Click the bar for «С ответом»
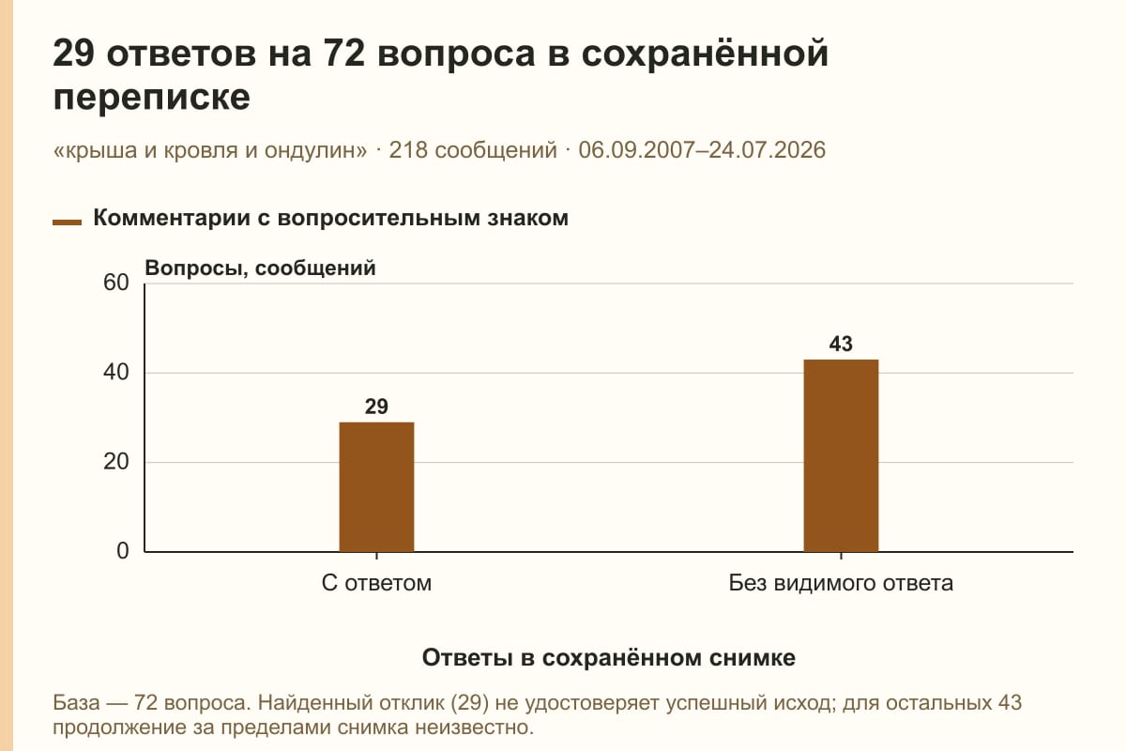click(376, 487)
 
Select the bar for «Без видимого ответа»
click(841, 455)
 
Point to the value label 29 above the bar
click(376, 406)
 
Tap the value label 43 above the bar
click(841, 344)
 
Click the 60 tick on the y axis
click(116, 283)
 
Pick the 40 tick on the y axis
click(116, 373)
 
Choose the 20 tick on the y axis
click(116, 462)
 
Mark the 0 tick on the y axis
click(123, 551)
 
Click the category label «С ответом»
click(376, 583)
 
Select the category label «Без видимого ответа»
click(841, 583)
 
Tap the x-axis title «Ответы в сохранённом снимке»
click(609, 657)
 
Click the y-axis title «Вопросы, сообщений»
click(261, 268)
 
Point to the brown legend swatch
click(67, 222)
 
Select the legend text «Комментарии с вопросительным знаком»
click(330, 218)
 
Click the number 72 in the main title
click(344, 53)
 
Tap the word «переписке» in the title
click(151, 97)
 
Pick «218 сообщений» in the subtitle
click(473, 150)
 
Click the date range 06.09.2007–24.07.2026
click(702, 150)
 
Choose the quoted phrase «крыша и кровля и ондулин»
click(210, 150)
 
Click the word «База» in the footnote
click(76, 702)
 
